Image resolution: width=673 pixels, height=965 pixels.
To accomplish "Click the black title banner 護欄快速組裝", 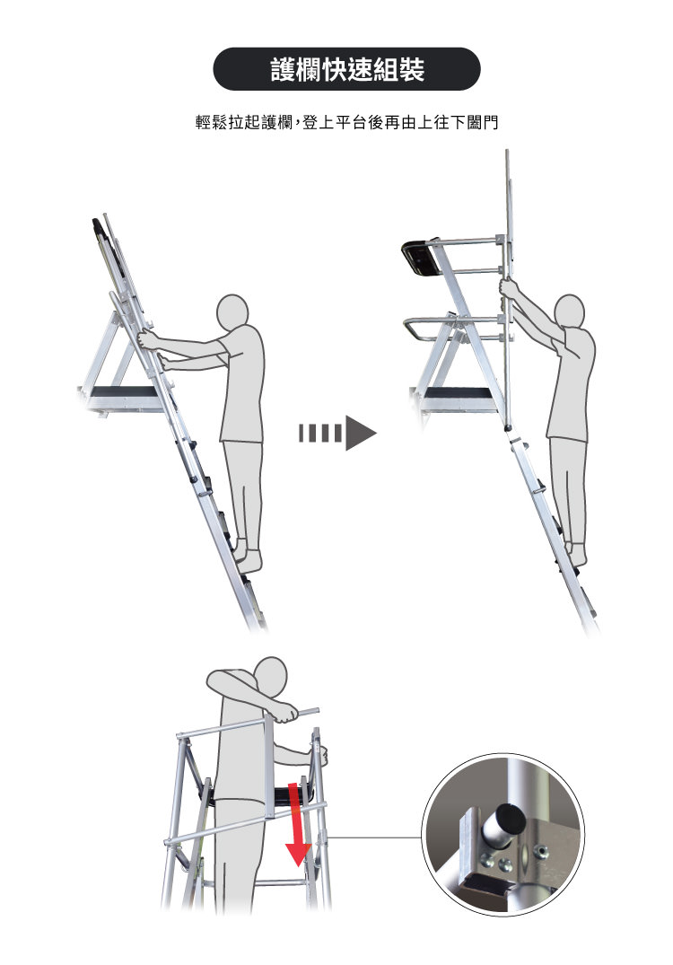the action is click(346, 69).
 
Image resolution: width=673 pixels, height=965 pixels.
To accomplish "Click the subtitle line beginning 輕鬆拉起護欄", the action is click(346, 122).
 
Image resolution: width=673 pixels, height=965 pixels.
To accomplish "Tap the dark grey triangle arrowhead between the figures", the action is click(361, 433).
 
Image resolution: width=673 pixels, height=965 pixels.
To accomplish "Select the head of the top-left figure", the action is click(232, 312).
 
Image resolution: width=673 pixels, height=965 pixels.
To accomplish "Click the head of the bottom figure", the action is click(271, 677).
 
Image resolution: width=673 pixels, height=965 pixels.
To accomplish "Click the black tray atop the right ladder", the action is click(420, 256).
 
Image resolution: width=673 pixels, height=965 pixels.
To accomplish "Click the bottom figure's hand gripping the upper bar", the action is click(286, 714).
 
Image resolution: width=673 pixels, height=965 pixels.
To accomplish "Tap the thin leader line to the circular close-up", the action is click(375, 837).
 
